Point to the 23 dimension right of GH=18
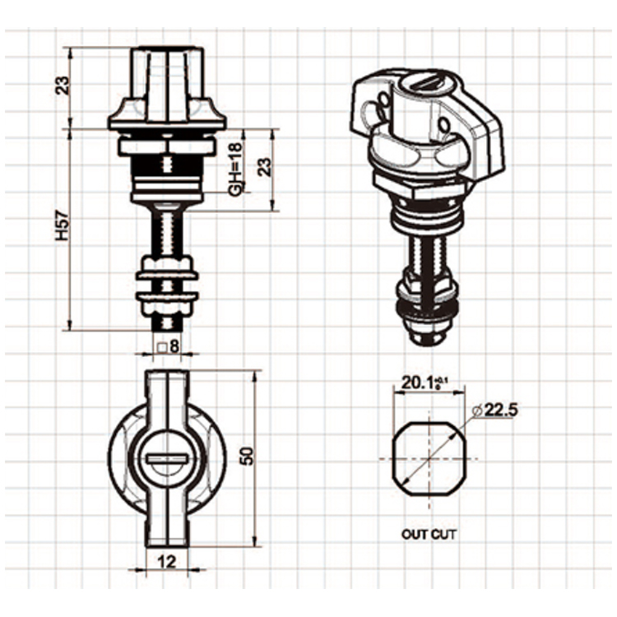click(263, 167)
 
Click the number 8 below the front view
click(174, 347)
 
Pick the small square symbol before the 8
click(163, 347)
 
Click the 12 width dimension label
click(167, 562)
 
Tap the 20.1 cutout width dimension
click(420, 383)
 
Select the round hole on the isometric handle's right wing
click(445, 125)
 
